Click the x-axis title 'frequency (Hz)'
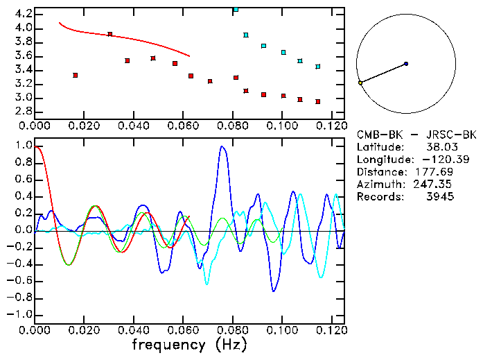tap(188, 345)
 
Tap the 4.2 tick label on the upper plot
tap(22, 14)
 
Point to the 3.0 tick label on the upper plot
tap(22, 98)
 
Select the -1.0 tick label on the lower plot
tap(19, 314)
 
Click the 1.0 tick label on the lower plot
tap(22, 146)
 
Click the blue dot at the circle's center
tap(406, 64)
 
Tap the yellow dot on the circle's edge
tap(360, 83)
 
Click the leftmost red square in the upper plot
tap(75, 75)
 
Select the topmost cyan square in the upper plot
tap(236, 10)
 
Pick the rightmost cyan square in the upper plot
tap(317, 67)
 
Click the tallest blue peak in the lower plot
tap(222, 146)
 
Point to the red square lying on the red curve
tap(109, 34)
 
